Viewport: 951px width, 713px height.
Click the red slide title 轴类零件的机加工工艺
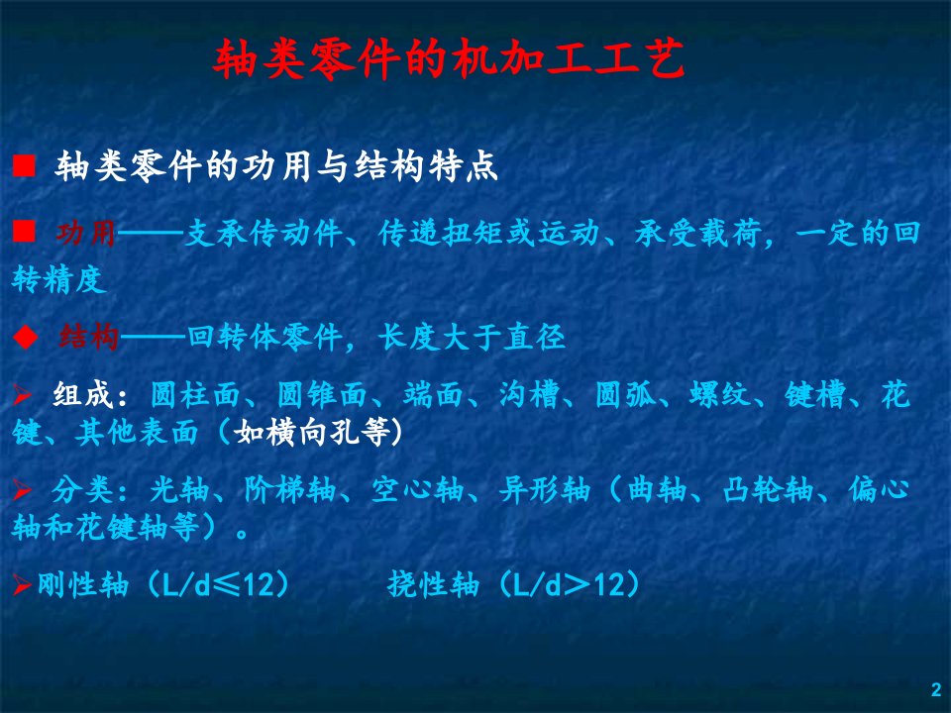pos(450,59)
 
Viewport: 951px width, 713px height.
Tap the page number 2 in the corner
pos(936,689)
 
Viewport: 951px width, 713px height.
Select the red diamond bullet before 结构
pos(26,338)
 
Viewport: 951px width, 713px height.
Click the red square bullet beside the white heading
pos(24,165)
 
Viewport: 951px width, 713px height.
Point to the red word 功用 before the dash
pos(86,234)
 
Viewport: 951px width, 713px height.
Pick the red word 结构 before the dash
pos(89,337)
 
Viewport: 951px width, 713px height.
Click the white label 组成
pos(83,395)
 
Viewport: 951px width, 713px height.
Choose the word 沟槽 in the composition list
pos(529,395)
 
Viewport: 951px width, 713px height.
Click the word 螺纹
pos(720,395)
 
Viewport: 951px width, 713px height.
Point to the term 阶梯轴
pos(290,490)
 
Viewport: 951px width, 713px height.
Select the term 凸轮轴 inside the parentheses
pos(768,490)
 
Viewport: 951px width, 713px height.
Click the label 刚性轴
pos(83,585)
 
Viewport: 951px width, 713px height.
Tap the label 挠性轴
pos(433,585)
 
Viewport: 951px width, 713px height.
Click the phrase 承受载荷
pos(698,234)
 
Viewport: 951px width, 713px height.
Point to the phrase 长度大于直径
pos(472,337)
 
